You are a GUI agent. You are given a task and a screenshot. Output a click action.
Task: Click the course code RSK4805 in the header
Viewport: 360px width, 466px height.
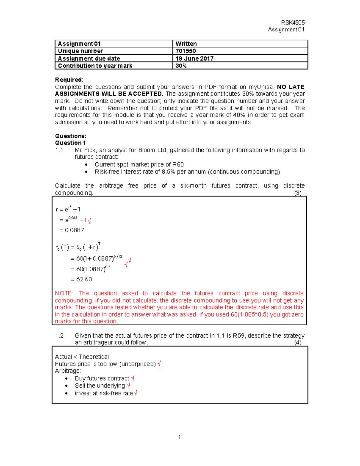[293, 23]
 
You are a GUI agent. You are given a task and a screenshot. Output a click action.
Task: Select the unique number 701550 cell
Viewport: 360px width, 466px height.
[186, 51]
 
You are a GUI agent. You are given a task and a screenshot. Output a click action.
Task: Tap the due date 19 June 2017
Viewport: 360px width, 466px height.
[194, 59]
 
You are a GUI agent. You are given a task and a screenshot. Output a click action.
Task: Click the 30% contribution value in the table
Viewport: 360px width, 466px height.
[181, 66]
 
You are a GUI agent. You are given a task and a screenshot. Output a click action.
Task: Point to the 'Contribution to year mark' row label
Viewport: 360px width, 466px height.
[95, 66]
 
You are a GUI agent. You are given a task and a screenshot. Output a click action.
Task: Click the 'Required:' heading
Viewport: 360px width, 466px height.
[69, 80]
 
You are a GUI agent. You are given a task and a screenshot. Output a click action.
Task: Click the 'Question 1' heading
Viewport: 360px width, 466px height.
[70, 143]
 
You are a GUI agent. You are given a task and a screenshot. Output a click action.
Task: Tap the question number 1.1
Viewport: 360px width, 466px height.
[59, 150]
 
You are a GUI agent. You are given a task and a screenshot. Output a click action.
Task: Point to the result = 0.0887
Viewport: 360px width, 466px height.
[72, 230]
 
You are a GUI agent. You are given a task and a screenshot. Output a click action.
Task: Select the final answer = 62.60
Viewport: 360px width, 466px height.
[81, 279]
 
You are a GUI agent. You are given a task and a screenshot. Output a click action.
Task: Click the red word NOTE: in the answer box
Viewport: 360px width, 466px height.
[64, 293]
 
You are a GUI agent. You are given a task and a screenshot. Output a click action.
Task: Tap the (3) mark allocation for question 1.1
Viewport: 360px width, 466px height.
[298, 193]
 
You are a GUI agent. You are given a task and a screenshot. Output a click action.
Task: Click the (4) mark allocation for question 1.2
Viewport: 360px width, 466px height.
[298, 343]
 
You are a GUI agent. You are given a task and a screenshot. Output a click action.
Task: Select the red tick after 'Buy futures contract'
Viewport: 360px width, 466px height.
[133, 378]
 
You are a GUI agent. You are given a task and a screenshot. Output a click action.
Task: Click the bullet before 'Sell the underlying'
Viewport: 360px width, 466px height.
[66, 386]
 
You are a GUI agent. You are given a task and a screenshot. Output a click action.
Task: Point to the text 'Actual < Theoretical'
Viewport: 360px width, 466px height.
[82, 357]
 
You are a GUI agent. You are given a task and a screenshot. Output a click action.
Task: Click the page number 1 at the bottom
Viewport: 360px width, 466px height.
[179, 437]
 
